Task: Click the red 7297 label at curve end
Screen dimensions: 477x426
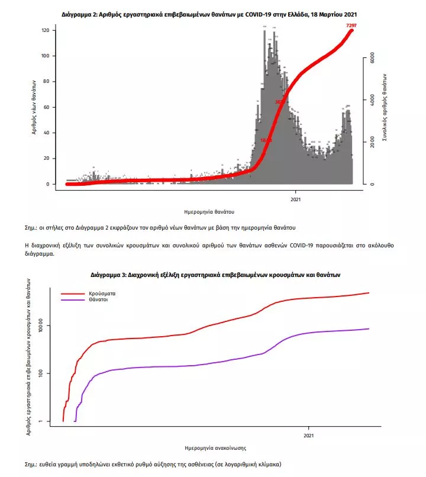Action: [x=352, y=25]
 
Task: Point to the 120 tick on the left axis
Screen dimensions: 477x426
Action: [x=44, y=30]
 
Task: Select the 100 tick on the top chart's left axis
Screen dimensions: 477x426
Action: [x=44, y=56]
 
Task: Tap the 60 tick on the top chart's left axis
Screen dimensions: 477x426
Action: [x=46, y=107]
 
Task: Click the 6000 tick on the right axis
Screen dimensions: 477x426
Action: [x=372, y=58]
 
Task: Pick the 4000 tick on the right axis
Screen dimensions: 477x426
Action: [x=372, y=100]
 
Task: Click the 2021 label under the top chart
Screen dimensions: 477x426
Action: [x=296, y=199]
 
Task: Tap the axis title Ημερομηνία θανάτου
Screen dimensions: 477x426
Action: [x=209, y=211]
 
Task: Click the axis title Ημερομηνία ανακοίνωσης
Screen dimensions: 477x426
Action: [x=215, y=448]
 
